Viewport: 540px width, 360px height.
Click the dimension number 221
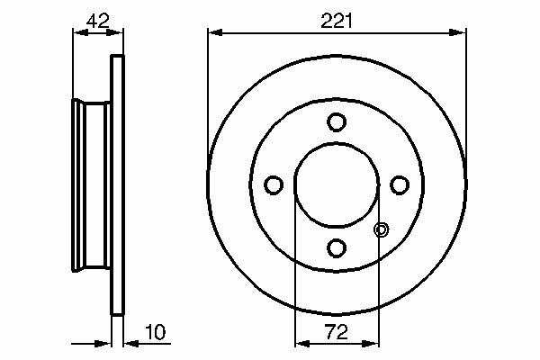(x=337, y=21)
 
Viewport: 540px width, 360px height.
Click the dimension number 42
(x=98, y=21)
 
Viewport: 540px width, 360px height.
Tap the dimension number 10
(x=156, y=332)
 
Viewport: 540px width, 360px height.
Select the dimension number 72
(x=337, y=332)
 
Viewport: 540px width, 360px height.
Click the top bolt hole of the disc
(x=337, y=122)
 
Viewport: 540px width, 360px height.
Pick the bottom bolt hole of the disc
(x=337, y=248)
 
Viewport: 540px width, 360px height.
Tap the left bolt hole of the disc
(x=274, y=185)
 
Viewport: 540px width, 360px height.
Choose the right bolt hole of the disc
(x=400, y=185)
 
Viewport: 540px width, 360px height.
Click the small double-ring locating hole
(x=382, y=229)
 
